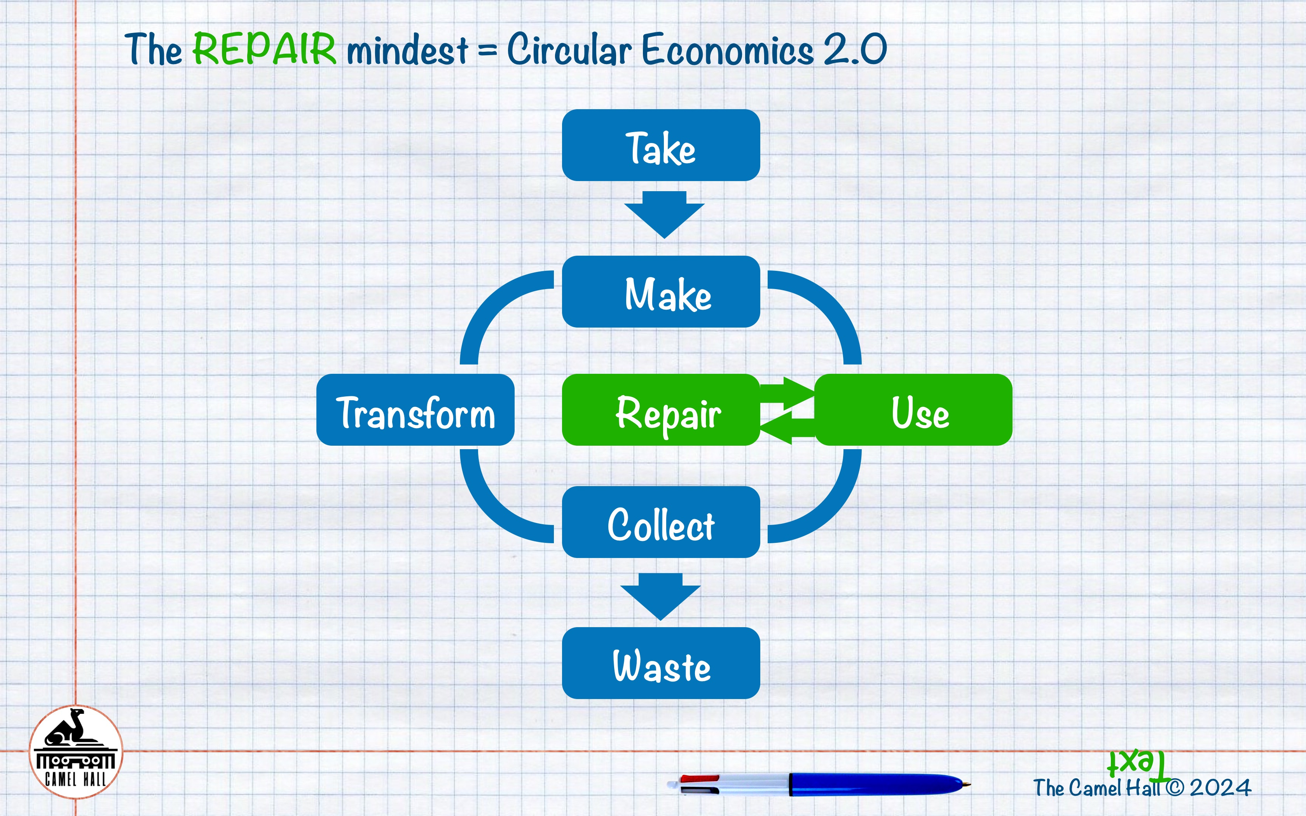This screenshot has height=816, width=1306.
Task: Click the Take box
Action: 661,145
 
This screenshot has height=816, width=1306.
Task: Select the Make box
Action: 661,291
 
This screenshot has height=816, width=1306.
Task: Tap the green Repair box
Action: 661,410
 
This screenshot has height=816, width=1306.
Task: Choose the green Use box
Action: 913,410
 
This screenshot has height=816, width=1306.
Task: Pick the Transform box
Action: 416,410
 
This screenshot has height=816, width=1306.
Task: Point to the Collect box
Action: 661,522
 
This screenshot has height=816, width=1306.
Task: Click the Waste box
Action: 661,663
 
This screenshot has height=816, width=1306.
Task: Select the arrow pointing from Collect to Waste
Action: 660,597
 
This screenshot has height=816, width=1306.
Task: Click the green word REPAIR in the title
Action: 264,49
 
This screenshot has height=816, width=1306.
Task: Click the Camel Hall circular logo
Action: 75,752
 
